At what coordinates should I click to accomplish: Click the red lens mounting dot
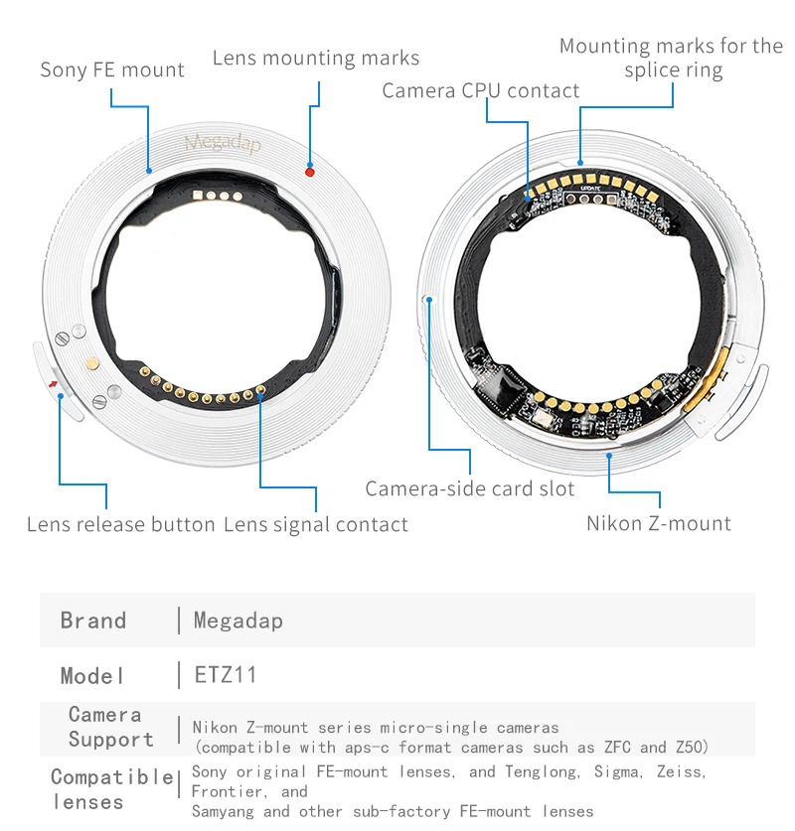click(310, 172)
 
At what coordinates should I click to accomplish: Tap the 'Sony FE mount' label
click(112, 70)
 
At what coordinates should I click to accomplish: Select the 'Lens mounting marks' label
click(316, 58)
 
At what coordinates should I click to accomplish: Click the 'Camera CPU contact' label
click(481, 90)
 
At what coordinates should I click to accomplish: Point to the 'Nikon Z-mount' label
click(659, 523)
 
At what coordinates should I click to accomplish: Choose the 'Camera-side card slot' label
click(470, 488)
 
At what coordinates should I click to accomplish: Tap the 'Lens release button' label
click(121, 524)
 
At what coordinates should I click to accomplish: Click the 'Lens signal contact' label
click(316, 524)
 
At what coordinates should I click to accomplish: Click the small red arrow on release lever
click(52, 379)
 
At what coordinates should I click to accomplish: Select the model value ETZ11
click(226, 675)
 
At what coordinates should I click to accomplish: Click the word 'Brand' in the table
click(93, 621)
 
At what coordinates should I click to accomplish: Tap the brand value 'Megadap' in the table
click(238, 621)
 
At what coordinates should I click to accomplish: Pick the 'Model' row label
click(93, 675)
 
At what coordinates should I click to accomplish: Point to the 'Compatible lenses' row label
click(110, 789)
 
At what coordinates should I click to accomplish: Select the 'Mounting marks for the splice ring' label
click(672, 58)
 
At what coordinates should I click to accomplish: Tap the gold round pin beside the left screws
click(91, 364)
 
